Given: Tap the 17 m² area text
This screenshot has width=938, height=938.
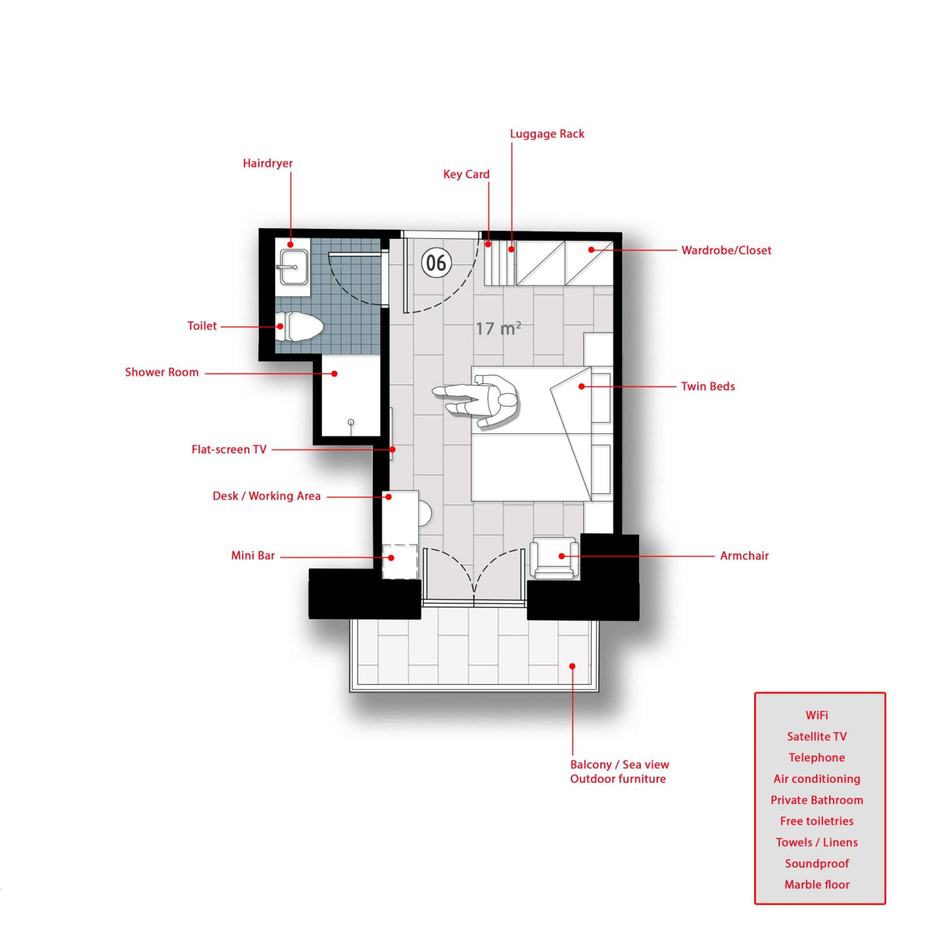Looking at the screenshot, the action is pyautogui.click(x=498, y=328).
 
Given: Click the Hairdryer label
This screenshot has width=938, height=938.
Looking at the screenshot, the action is pyautogui.click(x=268, y=163).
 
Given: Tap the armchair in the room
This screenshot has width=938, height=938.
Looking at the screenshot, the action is pyautogui.click(x=554, y=557).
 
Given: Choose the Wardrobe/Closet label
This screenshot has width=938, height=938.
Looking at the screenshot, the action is pyautogui.click(x=726, y=250).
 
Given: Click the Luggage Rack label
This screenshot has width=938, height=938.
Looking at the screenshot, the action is pyautogui.click(x=547, y=134).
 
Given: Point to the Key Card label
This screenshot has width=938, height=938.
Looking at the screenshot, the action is pyautogui.click(x=466, y=174).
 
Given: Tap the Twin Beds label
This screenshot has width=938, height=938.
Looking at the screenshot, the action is pyautogui.click(x=708, y=386).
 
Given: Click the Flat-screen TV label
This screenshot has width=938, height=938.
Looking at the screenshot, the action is pyautogui.click(x=229, y=450).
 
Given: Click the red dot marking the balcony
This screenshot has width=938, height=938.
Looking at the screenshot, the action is pyautogui.click(x=572, y=666).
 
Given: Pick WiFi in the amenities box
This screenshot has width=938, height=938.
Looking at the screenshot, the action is pyautogui.click(x=817, y=715).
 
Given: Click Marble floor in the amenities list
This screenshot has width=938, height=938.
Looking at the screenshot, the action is pyautogui.click(x=817, y=885).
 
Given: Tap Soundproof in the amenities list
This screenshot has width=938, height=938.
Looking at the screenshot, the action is pyautogui.click(x=817, y=863).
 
